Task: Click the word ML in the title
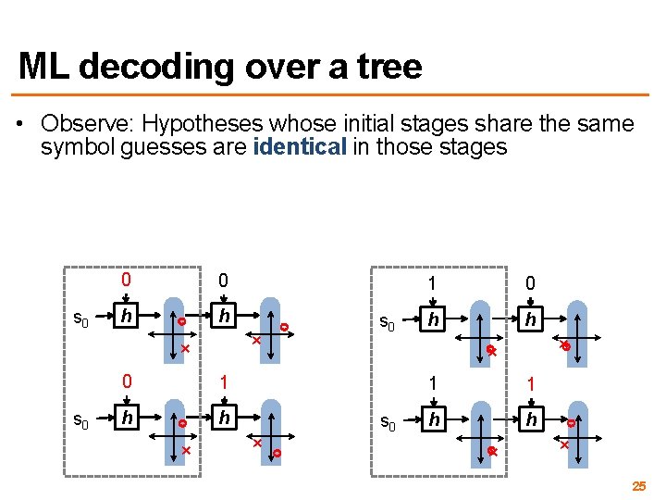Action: click(x=44, y=67)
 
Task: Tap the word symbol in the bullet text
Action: click(x=78, y=147)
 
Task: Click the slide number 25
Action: click(x=638, y=486)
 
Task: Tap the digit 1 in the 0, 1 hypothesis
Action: click(x=223, y=381)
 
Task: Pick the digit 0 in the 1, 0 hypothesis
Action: click(x=529, y=283)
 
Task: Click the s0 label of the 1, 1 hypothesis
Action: click(x=388, y=424)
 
